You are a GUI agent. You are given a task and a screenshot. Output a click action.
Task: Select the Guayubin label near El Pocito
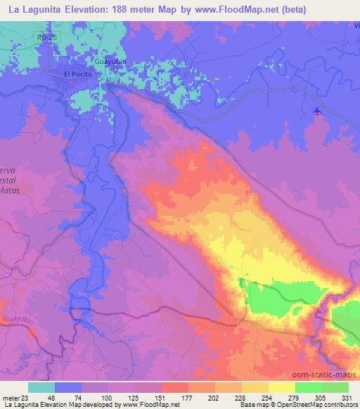[110, 62]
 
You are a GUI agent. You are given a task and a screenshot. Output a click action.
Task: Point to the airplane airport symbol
[316, 110]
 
